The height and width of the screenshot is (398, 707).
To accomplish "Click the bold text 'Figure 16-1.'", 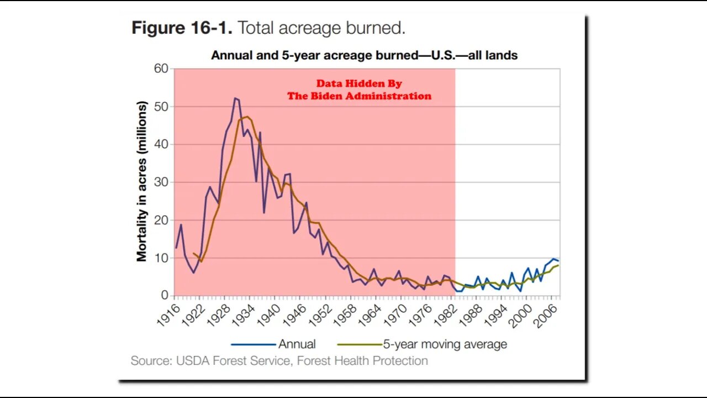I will coord(182,28).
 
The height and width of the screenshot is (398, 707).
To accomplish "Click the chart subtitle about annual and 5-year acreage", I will coord(364,55).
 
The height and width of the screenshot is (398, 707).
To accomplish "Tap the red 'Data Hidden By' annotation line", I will coord(359,84).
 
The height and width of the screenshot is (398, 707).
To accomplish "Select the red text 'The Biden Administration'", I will coord(359,96).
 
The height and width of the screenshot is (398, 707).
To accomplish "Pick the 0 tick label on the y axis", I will coord(164,296).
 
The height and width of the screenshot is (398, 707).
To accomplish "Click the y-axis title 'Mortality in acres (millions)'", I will coord(143,181).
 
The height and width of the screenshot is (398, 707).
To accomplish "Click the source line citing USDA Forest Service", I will coord(279,361).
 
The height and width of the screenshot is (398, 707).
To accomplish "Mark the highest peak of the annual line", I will coord(235,98).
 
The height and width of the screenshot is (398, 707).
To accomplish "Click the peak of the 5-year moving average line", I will coord(246,117).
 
